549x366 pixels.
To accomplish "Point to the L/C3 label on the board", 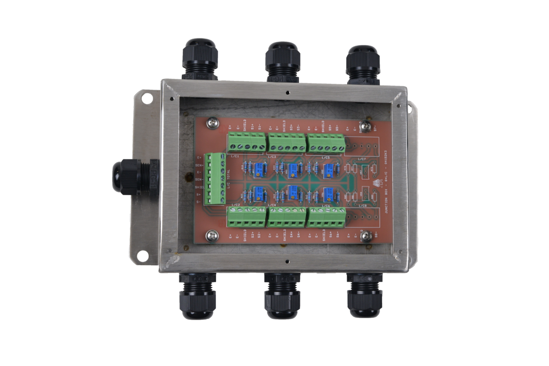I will tap(272, 157).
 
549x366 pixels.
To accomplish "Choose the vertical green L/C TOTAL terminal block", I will tap(215, 179).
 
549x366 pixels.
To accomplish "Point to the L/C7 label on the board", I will tap(362, 159).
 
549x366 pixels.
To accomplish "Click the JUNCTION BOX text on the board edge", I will tap(387, 207).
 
